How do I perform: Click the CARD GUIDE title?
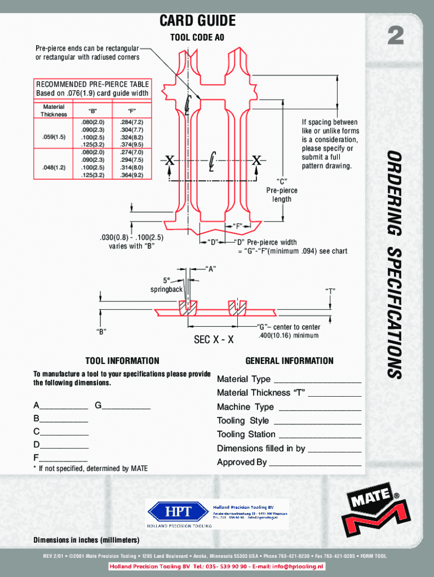pyautogui.click(x=197, y=21)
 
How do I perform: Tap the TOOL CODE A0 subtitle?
pyautogui.click(x=197, y=38)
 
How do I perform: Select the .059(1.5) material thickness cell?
pyautogui.click(x=54, y=137)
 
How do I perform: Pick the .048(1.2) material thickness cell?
pyautogui.click(x=54, y=167)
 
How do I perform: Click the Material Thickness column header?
pyautogui.click(x=54, y=110)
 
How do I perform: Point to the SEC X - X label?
pyautogui.click(x=214, y=340)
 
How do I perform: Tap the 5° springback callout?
pyautogui.click(x=166, y=285)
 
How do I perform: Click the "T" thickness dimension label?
pyautogui.click(x=330, y=291)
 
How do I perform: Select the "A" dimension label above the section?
pyautogui.click(x=211, y=268)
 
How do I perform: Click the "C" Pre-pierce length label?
pyautogui.click(x=282, y=190)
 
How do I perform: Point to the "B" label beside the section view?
pyautogui.click(x=101, y=332)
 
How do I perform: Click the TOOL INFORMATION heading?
pyautogui.click(x=122, y=361)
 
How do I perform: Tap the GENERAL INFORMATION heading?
pyautogui.click(x=289, y=361)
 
